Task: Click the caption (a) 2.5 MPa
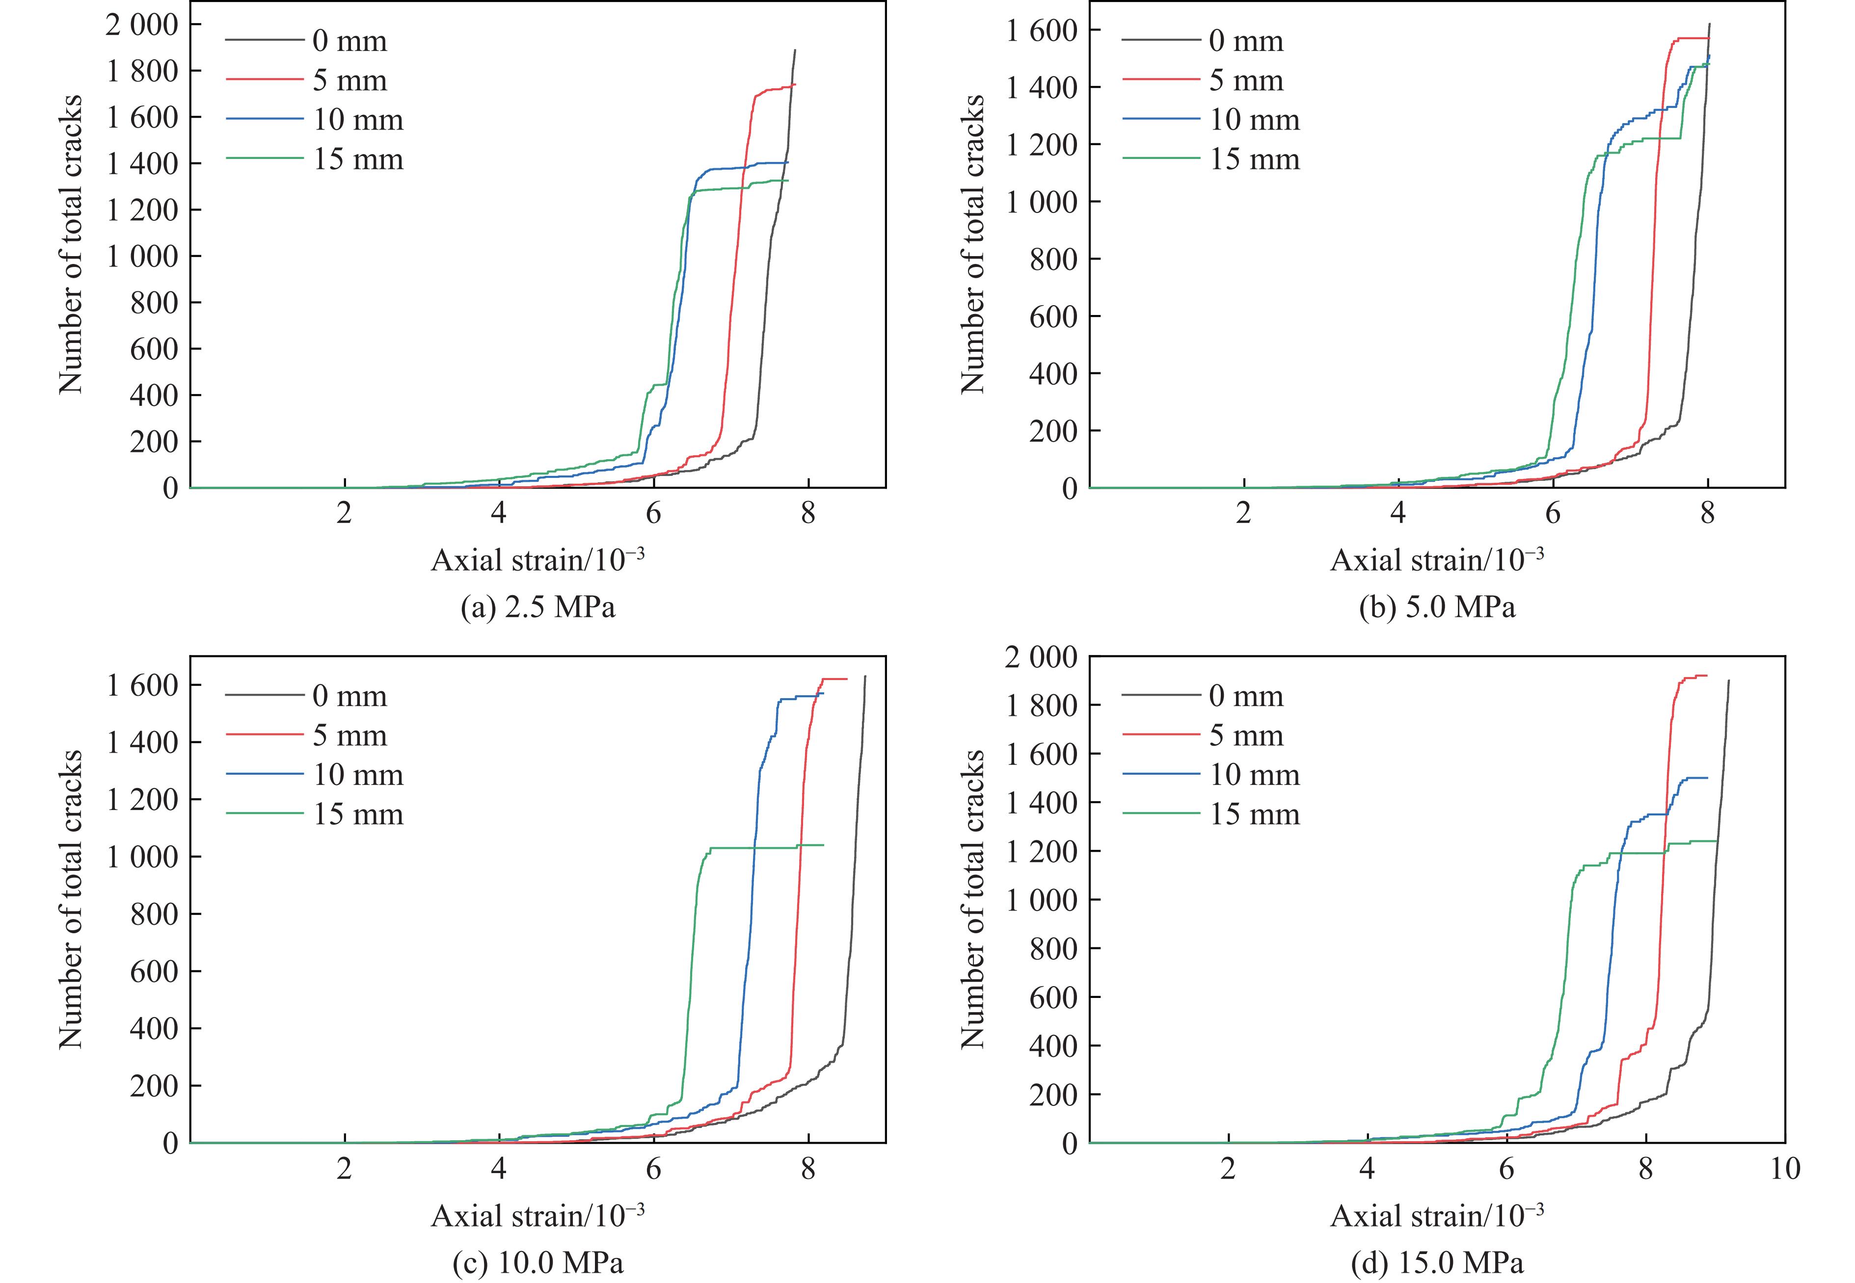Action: pos(537,607)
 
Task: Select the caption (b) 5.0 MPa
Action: pos(1436,607)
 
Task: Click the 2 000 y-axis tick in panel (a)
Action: pos(141,25)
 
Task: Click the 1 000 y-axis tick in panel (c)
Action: pos(141,857)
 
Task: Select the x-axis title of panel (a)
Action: pos(537,559)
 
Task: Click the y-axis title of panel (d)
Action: pos(973,899)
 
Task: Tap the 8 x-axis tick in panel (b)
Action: pos(1707,513)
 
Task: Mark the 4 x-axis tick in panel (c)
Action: pos(499,1168)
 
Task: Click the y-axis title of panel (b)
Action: pos(973,243)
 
